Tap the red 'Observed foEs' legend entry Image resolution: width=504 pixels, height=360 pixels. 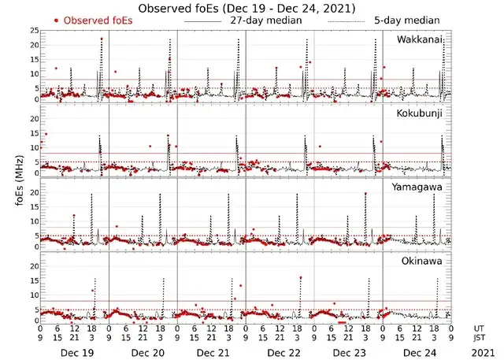(93, 20)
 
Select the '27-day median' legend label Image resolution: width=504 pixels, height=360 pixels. (265, 20)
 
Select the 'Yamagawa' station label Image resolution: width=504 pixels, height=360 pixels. (418, 187)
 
